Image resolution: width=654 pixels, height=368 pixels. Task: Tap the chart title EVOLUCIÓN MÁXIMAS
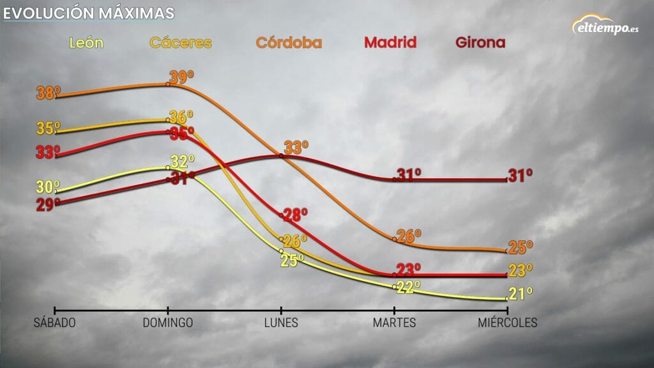point(88,13)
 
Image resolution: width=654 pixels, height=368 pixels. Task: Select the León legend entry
point(86,43)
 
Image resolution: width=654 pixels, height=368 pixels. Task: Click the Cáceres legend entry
point(180,43)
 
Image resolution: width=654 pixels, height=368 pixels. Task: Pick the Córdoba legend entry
point(289,43)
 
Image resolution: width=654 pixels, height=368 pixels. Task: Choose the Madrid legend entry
point(390,43)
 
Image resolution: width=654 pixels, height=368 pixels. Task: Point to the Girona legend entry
point(480,43)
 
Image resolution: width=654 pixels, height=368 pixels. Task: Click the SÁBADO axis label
point(54,323)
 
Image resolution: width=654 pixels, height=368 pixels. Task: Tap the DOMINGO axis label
point(167,323)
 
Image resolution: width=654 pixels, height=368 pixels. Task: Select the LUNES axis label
point(281,323)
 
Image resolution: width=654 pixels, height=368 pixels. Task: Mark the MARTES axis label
point(394,323)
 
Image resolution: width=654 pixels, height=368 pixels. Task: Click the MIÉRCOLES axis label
point(507,323)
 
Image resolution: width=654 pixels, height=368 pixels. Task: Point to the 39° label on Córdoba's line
point(181,78)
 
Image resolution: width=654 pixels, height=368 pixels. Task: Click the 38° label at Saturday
point(49,93)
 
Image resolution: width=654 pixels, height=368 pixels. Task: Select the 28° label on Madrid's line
point(295,215)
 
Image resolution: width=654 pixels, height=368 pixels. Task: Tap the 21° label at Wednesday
point(520,294)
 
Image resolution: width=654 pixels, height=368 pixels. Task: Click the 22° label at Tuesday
point(409,287)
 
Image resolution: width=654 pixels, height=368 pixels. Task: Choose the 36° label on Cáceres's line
point(181,118)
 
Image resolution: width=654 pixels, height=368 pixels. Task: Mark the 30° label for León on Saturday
point(49,187)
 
